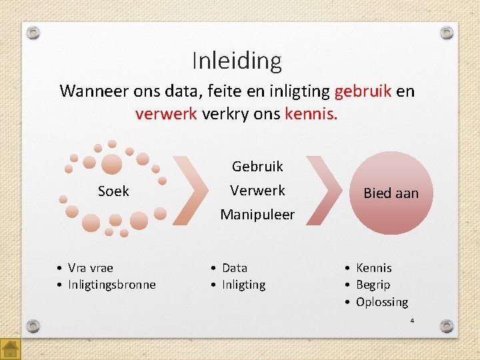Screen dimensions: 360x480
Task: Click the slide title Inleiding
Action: pyautogui.click(x=237, y=61)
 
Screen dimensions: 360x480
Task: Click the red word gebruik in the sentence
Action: pyautogui.click(x=363, y=91)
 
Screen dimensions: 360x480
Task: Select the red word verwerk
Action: pyautogui.click(x=166, y=113)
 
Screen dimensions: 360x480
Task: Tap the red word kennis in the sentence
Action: pyautogui.click(x=311, y=113)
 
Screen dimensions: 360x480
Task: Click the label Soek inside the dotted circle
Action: pyautogui.click(x=113, y=191)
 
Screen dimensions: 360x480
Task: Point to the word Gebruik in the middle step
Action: pyautogui.click(x=257, y=166)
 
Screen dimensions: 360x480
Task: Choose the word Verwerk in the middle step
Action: pyautogui.click(x=257, y=191)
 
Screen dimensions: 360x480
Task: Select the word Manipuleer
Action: pyautogui.click(x=257, y=215)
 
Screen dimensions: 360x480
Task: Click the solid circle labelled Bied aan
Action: pyautogui.click(x=391, y=193)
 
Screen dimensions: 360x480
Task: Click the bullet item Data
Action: pyautogui.click(x=234, y=268)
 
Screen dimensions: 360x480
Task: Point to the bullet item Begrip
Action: pyautogui.click(x=373, y=285)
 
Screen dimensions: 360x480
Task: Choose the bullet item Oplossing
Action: pyautogui.click(x=381, y=302)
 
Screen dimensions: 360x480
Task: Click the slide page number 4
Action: pyautogui.click(x=412, y=321)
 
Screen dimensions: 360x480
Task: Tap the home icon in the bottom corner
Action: pyautogui.click(x=11, y=349)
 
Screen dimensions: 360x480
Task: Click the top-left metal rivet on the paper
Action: pyautogui.click(x=34, y=33)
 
